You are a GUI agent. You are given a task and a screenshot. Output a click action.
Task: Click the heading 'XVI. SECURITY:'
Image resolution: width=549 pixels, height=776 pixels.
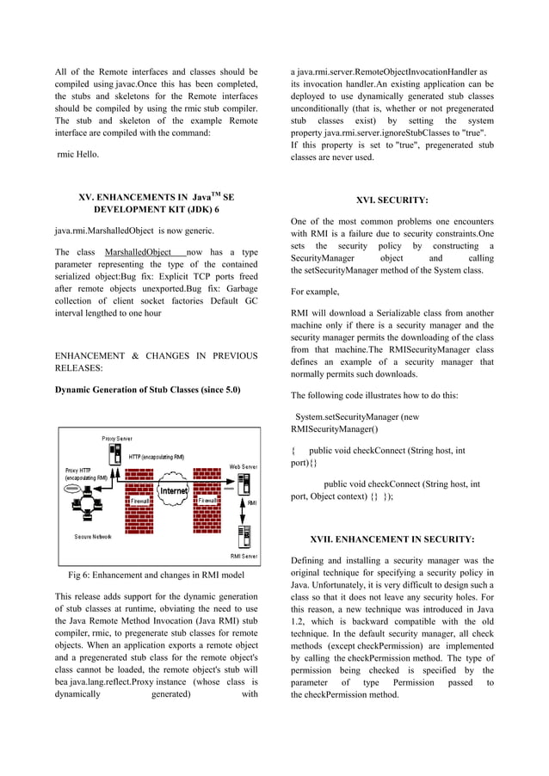pos(392,200)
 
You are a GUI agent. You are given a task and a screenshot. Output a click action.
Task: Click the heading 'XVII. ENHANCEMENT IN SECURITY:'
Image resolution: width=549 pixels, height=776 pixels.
pos(392,539)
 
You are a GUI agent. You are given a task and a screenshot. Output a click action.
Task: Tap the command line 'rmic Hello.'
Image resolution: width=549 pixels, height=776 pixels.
pos(77,155)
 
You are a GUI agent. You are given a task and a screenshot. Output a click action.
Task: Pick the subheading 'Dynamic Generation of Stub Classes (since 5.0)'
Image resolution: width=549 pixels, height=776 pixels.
pos(147,390)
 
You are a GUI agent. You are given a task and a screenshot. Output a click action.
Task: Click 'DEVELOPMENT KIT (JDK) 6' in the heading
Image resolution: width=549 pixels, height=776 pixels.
pos(156,210)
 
